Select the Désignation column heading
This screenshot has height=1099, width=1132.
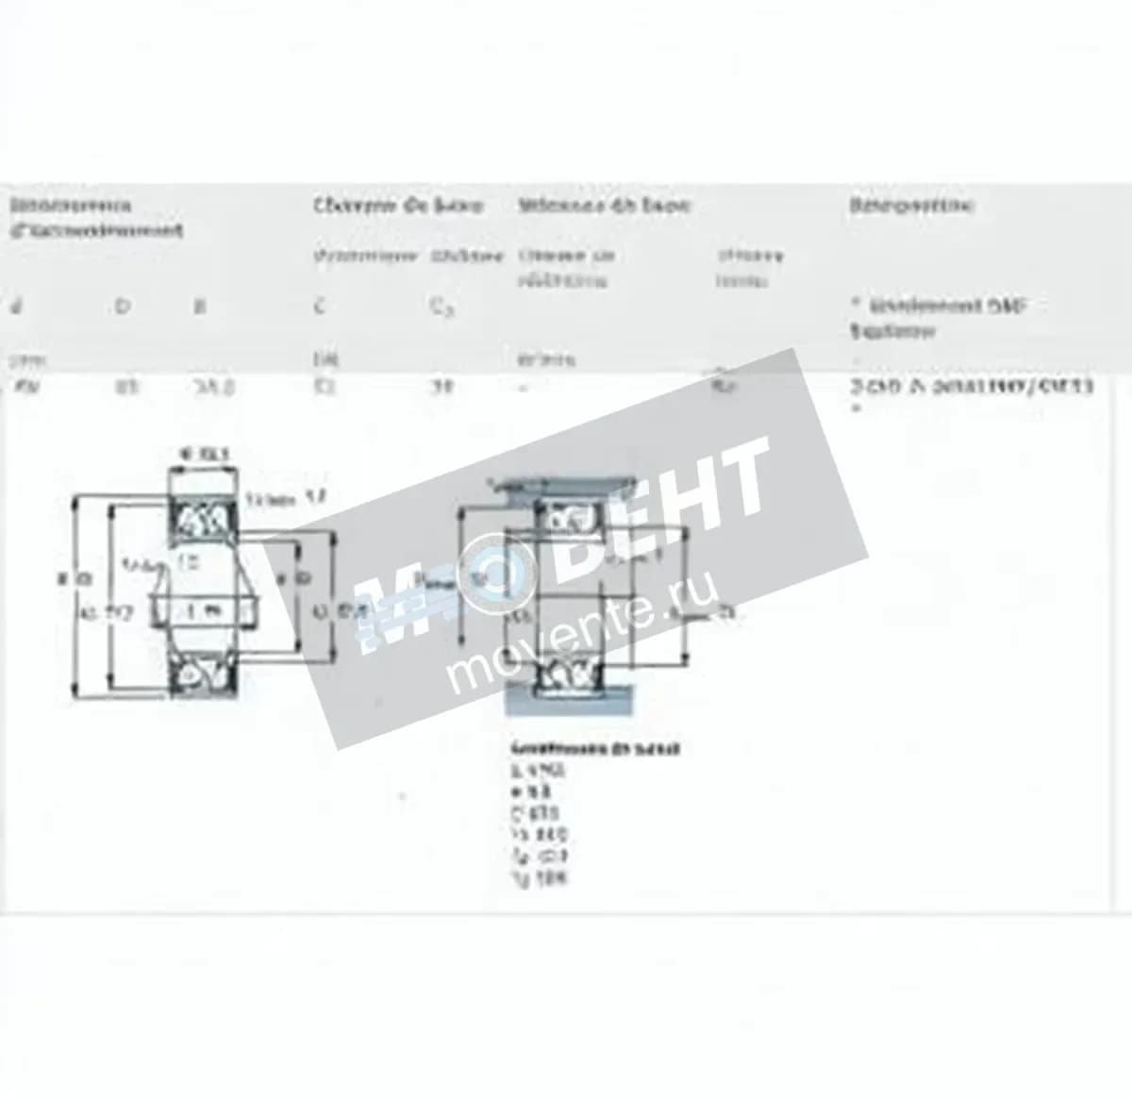[x=911, y=205]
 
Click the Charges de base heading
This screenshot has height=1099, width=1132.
[x=398, y=205]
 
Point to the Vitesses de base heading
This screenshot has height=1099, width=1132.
[x=604, y=205]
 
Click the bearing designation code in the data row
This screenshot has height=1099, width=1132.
[x=972, y=386]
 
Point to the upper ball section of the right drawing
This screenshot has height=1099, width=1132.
[x=567, y=519]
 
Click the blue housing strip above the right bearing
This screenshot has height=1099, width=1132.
[x=557, y=487]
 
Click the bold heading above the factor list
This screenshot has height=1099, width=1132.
[x=595, y=749]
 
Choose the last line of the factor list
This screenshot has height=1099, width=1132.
[x=539, y=879]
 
